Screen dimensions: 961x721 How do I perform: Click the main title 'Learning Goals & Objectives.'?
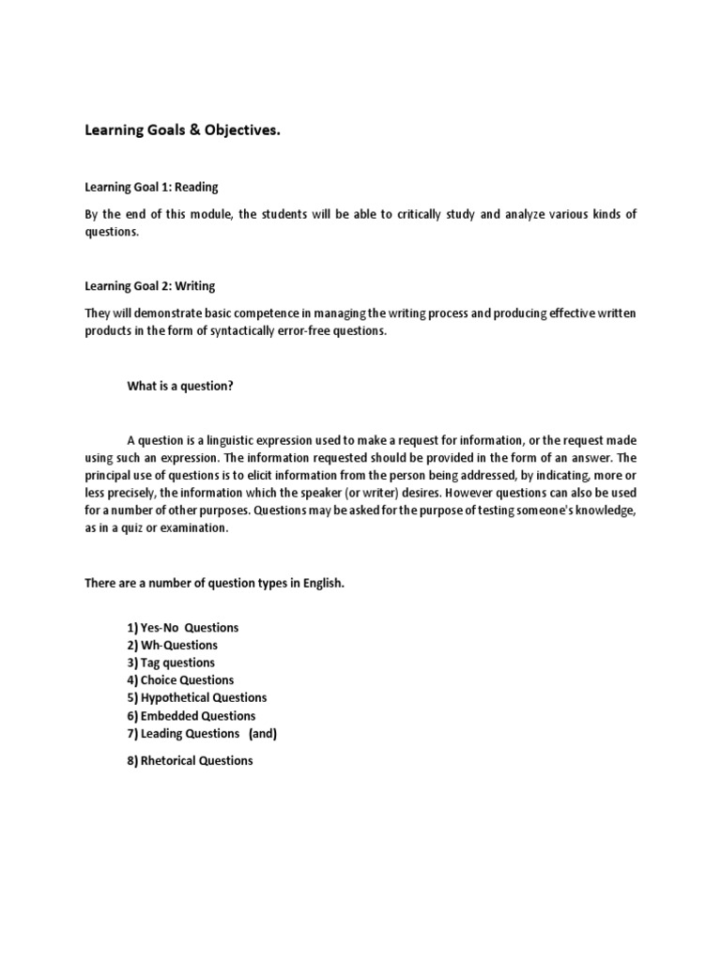[183, 131]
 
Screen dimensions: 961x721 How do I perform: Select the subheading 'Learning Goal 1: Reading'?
[151, 188]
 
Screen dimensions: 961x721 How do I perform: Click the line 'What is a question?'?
[179, 386]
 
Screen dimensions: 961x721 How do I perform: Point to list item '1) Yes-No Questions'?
[182, 627]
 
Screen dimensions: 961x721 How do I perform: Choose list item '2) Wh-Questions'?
[171, 645]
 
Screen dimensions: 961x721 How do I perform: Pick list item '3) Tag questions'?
[170, 663]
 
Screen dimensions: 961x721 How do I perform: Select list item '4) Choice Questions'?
[179, 680]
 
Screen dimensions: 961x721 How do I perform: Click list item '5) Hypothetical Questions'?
[195, 697]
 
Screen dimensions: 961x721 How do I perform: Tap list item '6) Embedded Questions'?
[190, 715]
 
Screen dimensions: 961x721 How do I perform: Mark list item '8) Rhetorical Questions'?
[190, 761]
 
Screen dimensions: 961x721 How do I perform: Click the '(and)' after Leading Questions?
[263, 733]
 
